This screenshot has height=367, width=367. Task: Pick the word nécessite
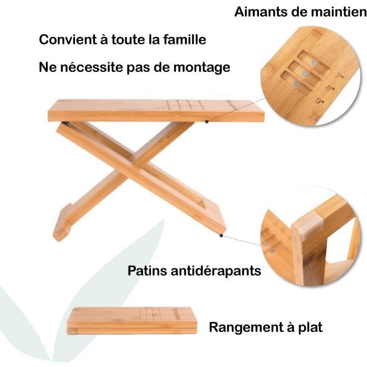(91, 68)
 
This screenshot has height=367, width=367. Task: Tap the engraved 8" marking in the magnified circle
(330, 89)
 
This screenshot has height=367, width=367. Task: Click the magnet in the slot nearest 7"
(314, 63)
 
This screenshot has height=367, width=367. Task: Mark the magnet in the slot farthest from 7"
(297, 83)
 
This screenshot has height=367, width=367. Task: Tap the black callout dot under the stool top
(207, 122)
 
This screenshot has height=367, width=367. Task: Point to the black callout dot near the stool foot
(222, 235)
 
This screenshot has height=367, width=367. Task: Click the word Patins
(148, 271)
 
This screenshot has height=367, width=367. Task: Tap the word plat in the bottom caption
(310, 328)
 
